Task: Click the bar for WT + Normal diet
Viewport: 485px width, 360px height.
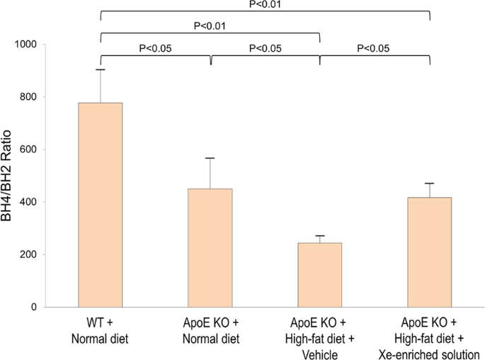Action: [101, 206]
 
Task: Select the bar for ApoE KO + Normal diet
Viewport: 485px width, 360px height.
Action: [210, 248]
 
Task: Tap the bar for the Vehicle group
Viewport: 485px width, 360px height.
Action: [320, 275]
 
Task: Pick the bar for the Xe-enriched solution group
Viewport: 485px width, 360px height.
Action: [430, 252]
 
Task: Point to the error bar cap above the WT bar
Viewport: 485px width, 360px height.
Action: [101, 69]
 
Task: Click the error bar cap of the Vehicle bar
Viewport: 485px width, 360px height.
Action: [320, 236]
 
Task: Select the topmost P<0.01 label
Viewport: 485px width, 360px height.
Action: [266, 4]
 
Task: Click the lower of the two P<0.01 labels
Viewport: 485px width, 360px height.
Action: [211, 27]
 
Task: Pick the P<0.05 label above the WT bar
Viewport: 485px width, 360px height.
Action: [156, 48]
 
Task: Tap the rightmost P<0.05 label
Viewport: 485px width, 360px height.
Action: [375, 48]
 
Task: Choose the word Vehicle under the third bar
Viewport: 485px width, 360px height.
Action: [320, 352]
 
